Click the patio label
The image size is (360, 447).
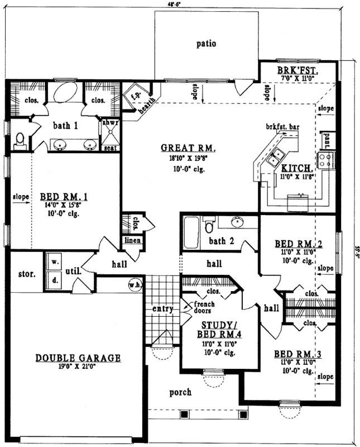206,44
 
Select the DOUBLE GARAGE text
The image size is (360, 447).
78,358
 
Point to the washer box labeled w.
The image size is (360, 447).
55,262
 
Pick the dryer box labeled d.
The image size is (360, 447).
55,280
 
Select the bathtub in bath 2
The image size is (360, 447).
191,234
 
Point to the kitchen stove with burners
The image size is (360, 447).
325,160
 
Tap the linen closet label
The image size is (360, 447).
133,240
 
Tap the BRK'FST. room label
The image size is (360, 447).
297,71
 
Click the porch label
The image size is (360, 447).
180,392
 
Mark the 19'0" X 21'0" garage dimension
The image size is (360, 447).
78,367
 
